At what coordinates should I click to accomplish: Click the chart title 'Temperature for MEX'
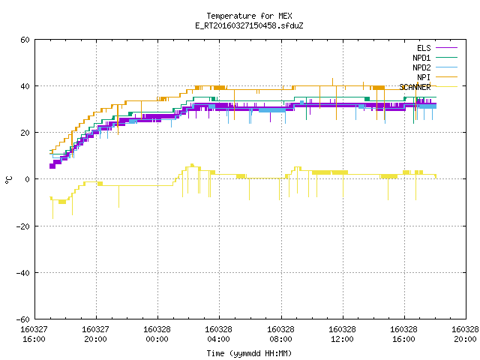tap(249, 16)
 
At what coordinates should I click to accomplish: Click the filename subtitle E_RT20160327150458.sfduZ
tap(249, 25)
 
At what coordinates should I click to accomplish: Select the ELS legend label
tap(424, 48)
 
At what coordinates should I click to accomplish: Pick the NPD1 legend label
tap(421, 58)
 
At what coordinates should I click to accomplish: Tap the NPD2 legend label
tap(421, 67)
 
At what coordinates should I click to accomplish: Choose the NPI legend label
tap(424, 77)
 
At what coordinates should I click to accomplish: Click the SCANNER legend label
tap(415, 87)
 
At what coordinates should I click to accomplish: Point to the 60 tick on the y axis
tap(25, 40)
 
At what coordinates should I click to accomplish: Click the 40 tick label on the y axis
tap(25, 86)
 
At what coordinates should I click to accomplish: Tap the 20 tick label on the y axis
tap(25, 133)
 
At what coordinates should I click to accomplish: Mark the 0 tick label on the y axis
tap(28, 179)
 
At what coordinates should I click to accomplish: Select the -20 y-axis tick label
tap(23, 226)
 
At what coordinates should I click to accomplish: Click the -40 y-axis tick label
tap(23, 273)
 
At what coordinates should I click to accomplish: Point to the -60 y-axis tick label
tap(23, 319)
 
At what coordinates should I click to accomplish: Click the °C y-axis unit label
tap(8, 180)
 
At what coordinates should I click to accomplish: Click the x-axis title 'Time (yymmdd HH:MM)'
tap(249, 353)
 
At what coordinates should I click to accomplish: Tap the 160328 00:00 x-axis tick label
tap(157, 334)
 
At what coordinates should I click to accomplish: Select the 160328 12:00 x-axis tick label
tap(342, 334)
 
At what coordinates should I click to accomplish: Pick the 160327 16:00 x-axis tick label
tap(34, 334)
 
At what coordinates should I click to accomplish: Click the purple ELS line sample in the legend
tap(447, 48)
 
